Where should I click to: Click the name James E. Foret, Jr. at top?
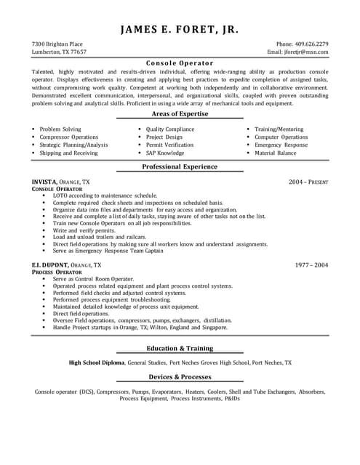(180, 30)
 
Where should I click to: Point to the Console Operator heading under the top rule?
(180, 62)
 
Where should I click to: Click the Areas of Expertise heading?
(180, 114)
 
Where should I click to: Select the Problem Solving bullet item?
(60, 129)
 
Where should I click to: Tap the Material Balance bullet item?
(276, 153)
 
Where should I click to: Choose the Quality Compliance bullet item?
(170, 129)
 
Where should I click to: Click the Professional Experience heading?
(180, 167)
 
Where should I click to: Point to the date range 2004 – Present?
(308, 181)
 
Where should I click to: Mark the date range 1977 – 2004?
(311, 266)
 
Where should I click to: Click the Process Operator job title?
(57, 272)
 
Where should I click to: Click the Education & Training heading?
(180, 348)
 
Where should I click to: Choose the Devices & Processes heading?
(180, 377)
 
